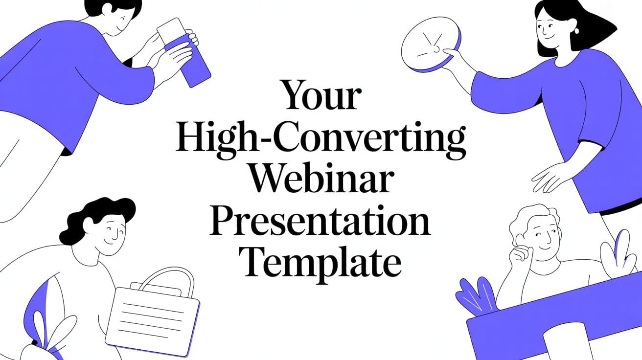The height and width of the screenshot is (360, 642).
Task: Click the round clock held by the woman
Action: [429, 45]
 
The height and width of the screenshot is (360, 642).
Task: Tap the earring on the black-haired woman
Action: [577, 31]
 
